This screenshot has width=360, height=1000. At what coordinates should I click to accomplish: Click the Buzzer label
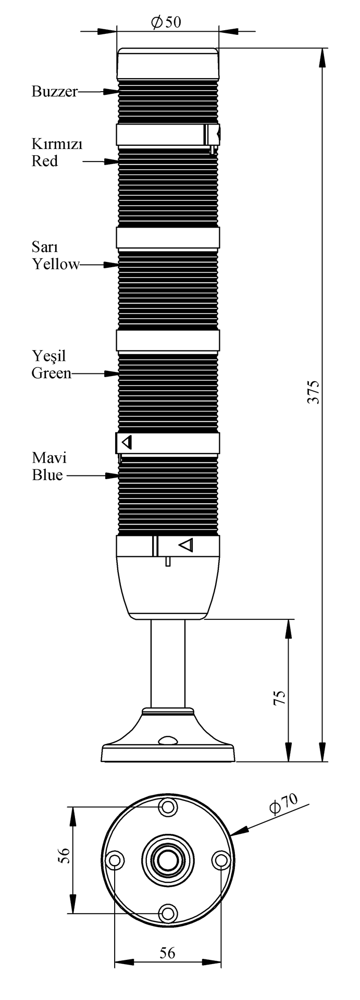tap(54, 92)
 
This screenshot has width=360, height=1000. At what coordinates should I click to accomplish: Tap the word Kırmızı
tap(57, 144)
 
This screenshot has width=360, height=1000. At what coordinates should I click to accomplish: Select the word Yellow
tap(56, 265)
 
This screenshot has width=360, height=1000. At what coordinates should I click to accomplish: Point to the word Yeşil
tap(48, 356)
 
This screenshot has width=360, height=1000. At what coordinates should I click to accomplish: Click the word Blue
tap(47, 476)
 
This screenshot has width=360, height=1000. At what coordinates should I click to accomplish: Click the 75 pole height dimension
tap(279, 698)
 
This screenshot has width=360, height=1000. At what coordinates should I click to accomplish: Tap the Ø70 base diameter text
tap(283, 804)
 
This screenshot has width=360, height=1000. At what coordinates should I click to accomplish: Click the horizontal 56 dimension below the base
tap(167, 953)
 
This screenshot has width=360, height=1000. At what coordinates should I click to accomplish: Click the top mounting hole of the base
tap(168, 807)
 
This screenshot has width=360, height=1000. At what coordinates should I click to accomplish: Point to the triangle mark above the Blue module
tap(127, 443)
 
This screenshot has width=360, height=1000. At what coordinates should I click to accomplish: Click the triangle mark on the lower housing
tap(186, 545)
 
